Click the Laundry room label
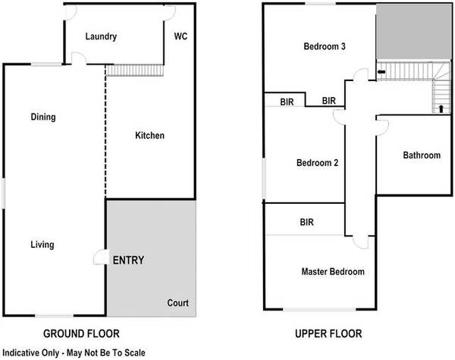click(x=101, y=36)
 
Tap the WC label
click(x=180, y=36)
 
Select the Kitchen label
click(x=149, y=136)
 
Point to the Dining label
click(x=43, y=117)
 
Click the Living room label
click(x=42, y=245)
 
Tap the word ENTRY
click(x=128, y=260)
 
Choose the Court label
click(x=178, y=303)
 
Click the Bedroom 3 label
click(x=325, y=46)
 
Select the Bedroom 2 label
click(x=318, y=163)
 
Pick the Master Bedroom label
click(x=333, y=272)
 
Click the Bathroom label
click(x=422, y=155)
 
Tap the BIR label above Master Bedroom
click(x=306, y=222)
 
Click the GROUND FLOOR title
click(x=81, y=333)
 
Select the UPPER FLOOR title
click(x=328, y=333)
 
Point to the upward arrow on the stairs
click(x=441, y=109)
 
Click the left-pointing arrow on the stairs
click(x=381, y=72)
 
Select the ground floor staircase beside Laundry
click(x=135, y=70)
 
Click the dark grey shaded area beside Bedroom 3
click(x=413, y=32)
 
